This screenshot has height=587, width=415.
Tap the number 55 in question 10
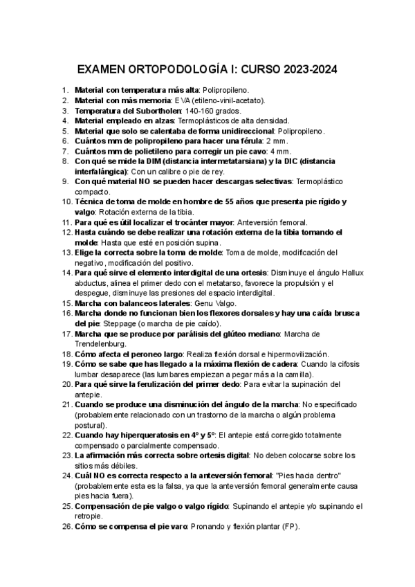coord(221,201)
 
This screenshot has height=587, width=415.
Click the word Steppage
coord(118,323)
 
